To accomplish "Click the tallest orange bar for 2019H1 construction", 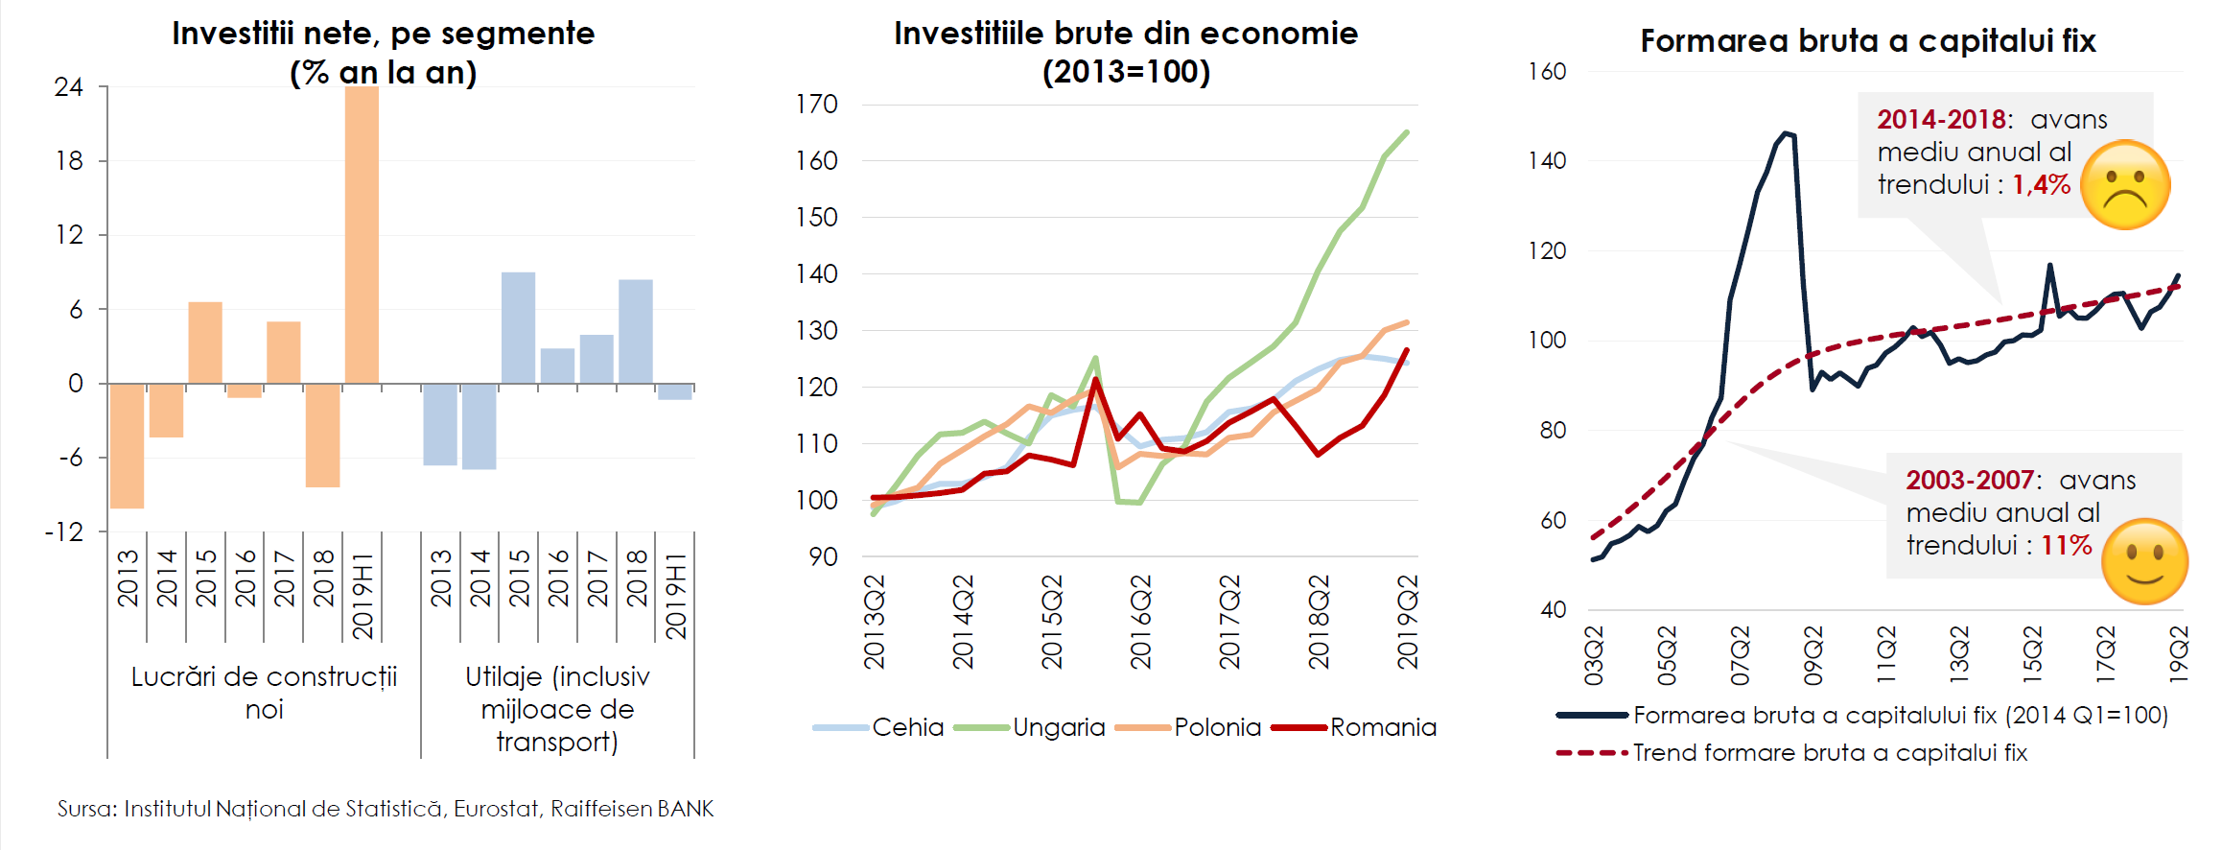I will [x=362, y=235].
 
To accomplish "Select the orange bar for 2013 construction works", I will [x=127, y=446].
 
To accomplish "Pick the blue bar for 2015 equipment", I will [x=518, y=328].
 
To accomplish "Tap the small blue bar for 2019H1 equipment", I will [x=675, y=391].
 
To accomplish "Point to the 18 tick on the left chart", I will [x=69, y=161].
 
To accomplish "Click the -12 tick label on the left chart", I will [x=64, y=532].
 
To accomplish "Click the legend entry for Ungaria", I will [x=1058, y=727].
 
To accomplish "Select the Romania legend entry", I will [x=1382, y=727].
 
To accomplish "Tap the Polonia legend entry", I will [x=1217, y=727].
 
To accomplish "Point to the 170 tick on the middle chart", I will [x=817, y=105].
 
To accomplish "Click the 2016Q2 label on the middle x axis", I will [x=1140, y=622].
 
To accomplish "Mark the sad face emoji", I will [x=2125, y=185].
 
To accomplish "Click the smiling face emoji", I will [x=2144, y=561].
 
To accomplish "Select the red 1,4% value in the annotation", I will [x=2041, y=185].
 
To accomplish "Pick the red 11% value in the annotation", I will [x=2066, y=546].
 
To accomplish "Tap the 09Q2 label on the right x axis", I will [x=1813, y=655].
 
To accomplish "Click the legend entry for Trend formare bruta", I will [x=1830, y=753].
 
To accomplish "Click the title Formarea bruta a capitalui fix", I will [x=1868, y=41].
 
